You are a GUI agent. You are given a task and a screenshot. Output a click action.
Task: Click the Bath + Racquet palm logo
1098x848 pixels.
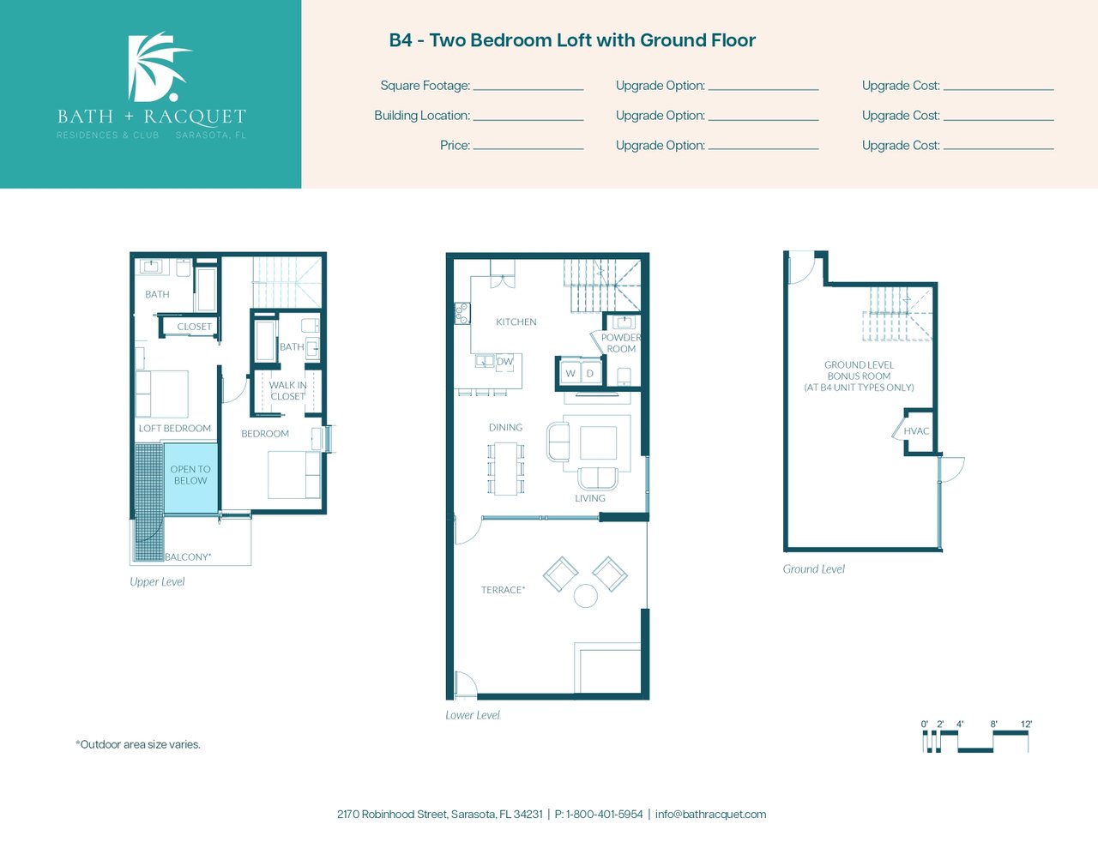pyautogui.click(x=158, y=67)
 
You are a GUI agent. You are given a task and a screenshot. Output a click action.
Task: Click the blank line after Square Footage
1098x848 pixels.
pyautogui.click(x=528, y=90)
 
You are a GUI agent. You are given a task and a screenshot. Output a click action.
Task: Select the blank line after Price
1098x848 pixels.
pyautogui.click(x=528, y=149)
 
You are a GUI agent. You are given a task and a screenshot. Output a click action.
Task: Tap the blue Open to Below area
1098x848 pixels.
pyautogui.click(x=191, y=478)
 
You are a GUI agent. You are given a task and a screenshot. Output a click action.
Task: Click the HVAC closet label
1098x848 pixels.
pyautogui.click(x=916, y=430)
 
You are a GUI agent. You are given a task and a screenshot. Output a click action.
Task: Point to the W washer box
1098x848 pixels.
pyautogui.click(x=570, y=374)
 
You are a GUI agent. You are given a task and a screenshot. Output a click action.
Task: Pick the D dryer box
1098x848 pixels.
pyautogui.click(x=590, y=374)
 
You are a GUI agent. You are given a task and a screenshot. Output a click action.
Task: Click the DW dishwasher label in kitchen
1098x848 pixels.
pyautogui.click(x=504, y=361)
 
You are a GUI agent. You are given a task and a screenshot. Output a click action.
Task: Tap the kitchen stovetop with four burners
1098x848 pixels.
pyautogui.click(x=462, y=313)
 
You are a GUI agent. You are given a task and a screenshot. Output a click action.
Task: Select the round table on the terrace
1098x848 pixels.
pyautogui.click(x=586, y=595)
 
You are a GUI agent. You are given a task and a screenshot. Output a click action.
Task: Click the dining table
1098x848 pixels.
pyautogui.click(x=506, y=468)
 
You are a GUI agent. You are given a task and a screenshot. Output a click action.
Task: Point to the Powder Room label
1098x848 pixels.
pyautogui.click(x=621, y=343)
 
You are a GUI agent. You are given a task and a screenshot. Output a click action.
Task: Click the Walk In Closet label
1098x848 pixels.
pyautogui.click(x=287, y=390)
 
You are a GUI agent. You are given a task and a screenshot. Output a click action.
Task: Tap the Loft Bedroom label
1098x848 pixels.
pyautogui.click(x=175, y=429)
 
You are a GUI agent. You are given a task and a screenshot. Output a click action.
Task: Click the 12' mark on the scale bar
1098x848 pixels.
pyautogui.click(x=1026, y=724)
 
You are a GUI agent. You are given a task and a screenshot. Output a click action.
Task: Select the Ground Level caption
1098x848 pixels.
pyautogui.click(x=813, y=569)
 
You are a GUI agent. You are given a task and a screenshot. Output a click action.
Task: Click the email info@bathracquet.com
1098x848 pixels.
pyautogui.click(x=710, y=815)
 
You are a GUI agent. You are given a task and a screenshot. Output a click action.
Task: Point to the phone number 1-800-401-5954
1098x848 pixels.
pyautogui.click(x=605, y=815)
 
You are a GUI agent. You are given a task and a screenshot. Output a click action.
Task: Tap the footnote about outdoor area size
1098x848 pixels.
pyautogui.click(x=138, y=744)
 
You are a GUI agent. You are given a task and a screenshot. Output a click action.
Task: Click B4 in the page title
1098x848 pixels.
pyautogui.click(x=401, y=40)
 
